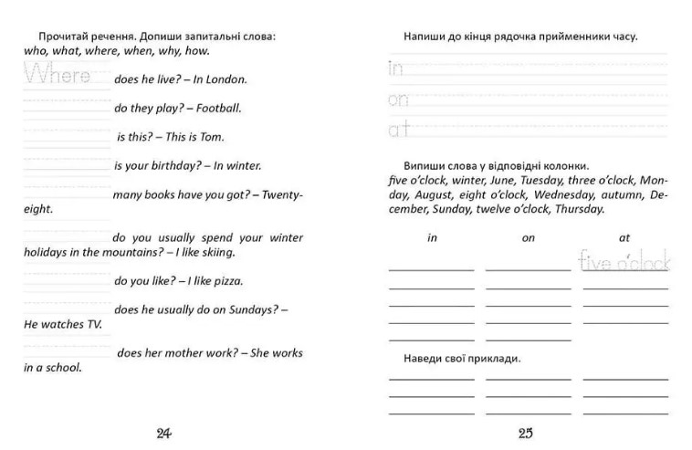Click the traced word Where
[x=58, y=75]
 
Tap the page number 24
[x=164, y=433]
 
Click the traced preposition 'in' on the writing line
[x=395, y=68]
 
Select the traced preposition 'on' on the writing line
[x=398, y=99]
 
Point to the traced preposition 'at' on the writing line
[x=398, y=129]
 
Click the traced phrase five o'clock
[x=624, y=263]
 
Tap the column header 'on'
[x=528, y=237]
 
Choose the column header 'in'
[x=432, y=237]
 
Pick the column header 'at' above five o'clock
[x=624, y=237]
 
